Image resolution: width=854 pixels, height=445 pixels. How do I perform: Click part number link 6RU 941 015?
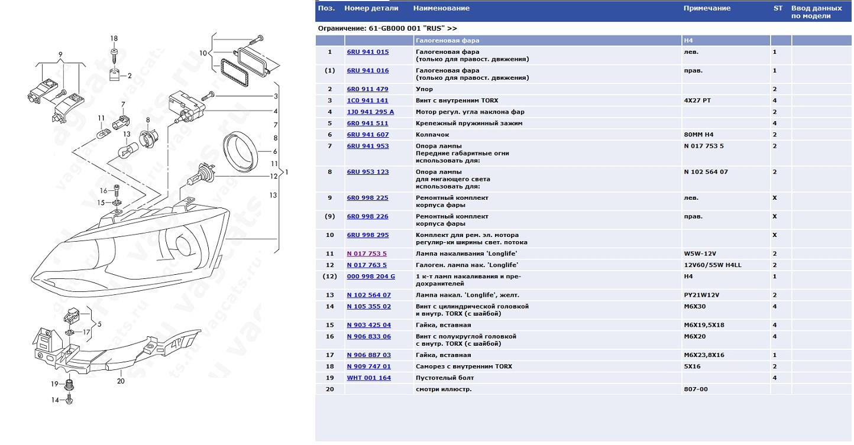pos(367,52)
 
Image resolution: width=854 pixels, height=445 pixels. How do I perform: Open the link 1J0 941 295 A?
pos(370,112)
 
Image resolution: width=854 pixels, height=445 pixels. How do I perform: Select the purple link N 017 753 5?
pos(367,254)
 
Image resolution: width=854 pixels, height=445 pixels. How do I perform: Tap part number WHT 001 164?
pos(368,378)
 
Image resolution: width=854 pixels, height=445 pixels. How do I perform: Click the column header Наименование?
pos(441,8)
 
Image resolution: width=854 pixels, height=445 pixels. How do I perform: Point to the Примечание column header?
pos(707,8)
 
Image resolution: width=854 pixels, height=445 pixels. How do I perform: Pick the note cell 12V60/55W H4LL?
pos(713,265)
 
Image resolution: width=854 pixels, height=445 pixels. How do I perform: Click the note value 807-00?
pos(696,389)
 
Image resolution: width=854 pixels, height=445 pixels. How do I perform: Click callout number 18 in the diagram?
pos(114,38)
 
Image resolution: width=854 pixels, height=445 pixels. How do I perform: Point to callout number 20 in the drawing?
pos(121,381)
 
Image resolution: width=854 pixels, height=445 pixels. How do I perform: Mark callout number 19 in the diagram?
pos(54,384)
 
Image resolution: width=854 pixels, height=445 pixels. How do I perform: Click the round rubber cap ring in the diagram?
pos(240,151)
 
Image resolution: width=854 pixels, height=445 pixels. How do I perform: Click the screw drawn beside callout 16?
pos(117,190)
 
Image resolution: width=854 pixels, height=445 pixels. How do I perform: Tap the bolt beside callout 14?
pos(69,399)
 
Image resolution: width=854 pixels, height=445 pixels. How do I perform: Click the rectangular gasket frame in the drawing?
pos(234,72)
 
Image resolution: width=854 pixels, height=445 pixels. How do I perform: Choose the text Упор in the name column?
pos(424,89)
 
